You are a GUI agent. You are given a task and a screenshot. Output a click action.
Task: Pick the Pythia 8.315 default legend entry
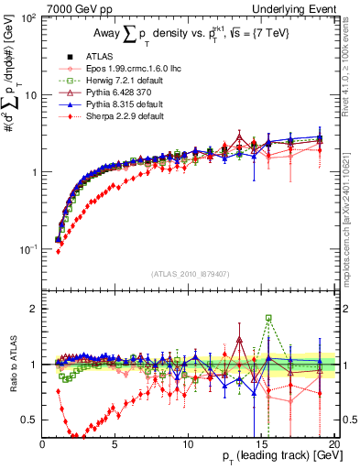pos(115,106)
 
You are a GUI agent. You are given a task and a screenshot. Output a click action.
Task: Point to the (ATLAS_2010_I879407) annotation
pos(188,271)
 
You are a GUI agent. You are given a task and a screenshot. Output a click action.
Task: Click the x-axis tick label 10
pos(188,443)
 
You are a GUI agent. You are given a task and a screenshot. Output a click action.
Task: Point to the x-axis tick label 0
pos(43,443)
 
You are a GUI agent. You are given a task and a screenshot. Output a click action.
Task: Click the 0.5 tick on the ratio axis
pos(31,420)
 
